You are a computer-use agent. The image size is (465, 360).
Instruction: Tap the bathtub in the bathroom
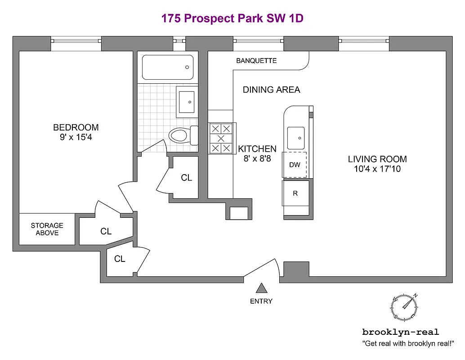click(167, 67)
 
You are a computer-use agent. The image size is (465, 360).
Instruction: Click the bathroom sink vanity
click(186, 102)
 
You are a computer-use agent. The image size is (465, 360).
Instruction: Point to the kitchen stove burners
click(221, 139)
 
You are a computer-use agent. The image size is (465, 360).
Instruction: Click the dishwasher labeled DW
click(295, 165)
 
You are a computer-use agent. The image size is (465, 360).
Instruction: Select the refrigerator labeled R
click(295, 193)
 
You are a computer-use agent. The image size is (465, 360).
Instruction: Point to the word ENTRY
click(261, 301)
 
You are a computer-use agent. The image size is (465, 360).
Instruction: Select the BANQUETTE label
click(256, 61)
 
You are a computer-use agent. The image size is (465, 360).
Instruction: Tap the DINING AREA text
click(271, 90)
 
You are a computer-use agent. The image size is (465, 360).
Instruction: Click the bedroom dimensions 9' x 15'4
click(76, 137)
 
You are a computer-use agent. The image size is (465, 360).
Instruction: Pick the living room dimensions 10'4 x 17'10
click(377, 169)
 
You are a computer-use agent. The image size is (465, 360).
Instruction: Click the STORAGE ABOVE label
click(47, 229)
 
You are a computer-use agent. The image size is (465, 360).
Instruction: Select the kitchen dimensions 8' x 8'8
click(257, 158)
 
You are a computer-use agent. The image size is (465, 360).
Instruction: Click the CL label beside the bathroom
click(186, 178)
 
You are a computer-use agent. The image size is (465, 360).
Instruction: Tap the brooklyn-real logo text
click(400, 332)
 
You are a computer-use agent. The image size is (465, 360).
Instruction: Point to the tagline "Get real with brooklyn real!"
click(408, 344)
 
